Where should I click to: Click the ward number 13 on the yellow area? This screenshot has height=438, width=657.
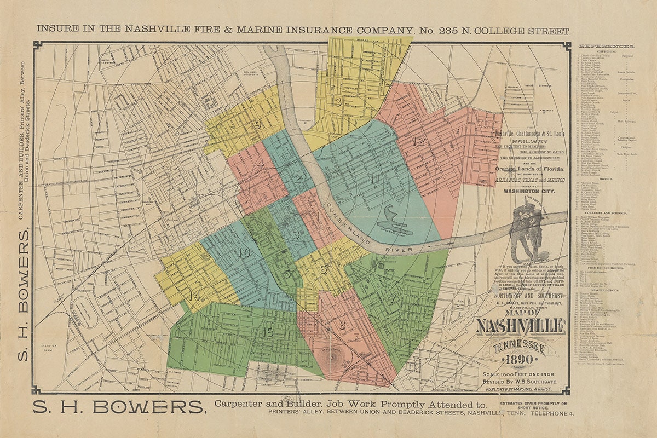pos(336,102)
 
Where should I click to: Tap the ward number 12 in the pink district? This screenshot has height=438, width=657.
pos(419,142)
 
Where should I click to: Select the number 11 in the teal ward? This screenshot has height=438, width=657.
pos(374,179)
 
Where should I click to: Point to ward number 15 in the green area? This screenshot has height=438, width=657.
pos(267,332)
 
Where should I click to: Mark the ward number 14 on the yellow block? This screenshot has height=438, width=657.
pos(193,296)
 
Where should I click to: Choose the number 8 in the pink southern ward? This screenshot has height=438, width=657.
pos(342,325)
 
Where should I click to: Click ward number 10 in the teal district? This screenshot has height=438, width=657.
pos(244,252)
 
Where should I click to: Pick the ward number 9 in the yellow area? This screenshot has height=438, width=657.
pos(257,125)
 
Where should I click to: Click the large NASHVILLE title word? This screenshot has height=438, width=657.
pos(520,327)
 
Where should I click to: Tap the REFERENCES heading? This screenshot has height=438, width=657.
pos(607,47)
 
